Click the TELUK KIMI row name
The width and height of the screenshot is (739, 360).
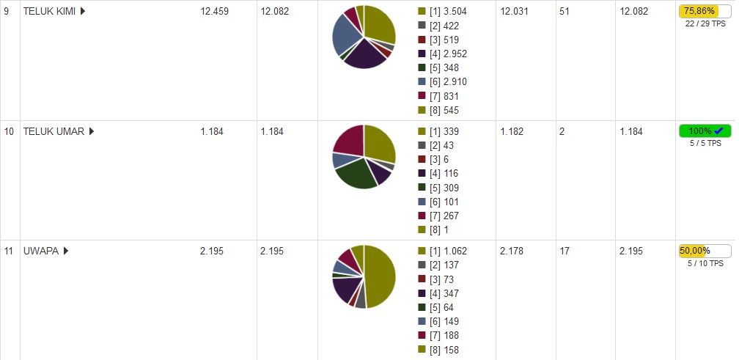50,12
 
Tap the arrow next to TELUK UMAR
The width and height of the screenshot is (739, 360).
92,132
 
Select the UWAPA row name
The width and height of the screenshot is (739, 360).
41,251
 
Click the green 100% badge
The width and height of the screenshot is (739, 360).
705,131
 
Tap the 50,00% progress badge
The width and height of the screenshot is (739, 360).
705,251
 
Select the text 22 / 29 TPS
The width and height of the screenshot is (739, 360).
705,24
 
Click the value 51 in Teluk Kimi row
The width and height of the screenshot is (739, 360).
565,12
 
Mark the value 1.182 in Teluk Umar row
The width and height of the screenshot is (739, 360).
512,132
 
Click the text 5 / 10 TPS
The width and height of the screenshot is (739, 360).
705,263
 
